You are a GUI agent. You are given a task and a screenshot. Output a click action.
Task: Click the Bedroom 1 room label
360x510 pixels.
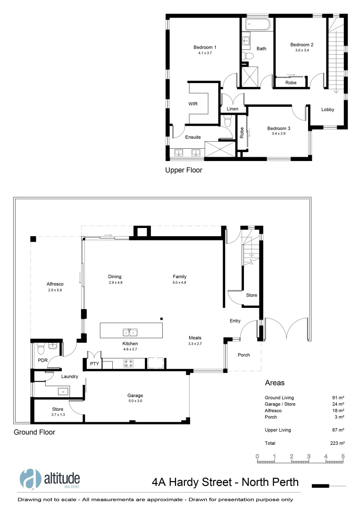coord(205,47)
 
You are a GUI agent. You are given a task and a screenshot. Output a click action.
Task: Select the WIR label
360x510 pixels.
coord(193,103)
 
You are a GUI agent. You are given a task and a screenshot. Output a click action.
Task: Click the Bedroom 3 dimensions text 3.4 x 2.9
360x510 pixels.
coord(278,134)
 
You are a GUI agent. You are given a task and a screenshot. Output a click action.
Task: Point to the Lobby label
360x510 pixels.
coord(327,110)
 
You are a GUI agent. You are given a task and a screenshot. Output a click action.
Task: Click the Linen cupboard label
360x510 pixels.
coord(233,109)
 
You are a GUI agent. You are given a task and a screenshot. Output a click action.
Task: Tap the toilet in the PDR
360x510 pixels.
coord(41,350)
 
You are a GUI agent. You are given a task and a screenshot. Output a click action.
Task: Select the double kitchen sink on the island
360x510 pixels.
coord(130,332)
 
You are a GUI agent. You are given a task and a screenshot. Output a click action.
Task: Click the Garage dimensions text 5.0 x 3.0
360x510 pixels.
coord(134,401)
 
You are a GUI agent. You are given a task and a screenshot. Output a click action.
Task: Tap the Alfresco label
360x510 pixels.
coord(55,284)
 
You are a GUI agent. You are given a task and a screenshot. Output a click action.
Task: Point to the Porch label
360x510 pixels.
coord(243,355)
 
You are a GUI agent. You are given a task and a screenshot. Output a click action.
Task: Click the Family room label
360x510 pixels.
coord(179,277)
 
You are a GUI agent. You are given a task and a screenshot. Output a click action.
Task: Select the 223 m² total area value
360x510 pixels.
coord(338,443)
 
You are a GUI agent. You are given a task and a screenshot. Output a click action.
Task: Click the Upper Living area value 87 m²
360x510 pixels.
coord(338,430)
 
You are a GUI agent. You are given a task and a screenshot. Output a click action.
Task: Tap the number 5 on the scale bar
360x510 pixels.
coord(343,457)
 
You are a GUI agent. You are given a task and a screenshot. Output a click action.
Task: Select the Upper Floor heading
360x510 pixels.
coord(184,170)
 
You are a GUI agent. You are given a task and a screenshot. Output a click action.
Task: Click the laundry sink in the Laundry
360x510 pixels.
coord(61,391)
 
